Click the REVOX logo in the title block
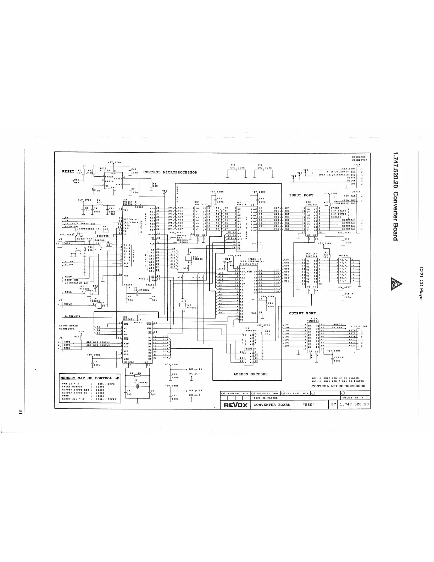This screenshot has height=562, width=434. [x=234, y=405]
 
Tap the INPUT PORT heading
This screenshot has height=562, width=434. [x=301, y=195]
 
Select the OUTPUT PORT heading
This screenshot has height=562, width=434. [x=302, y=313]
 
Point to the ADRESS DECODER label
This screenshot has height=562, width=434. [x=251, y=374]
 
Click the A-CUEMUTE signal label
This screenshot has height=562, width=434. [x=73, y=316]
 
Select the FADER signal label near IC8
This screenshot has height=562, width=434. [x=335, y=208]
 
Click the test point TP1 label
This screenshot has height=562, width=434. [x=165, y=191]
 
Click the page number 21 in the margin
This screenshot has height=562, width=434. [x=21, y=411]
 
